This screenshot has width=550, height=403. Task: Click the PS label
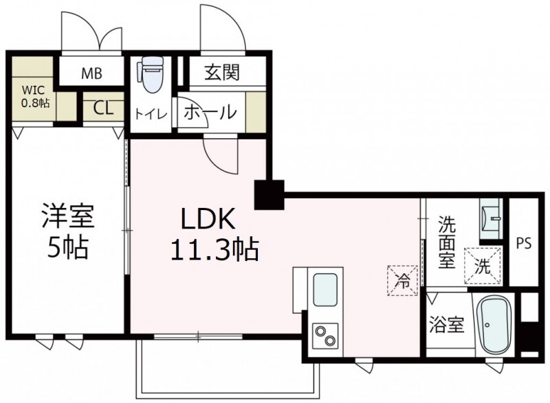pyautogui.click(x=525, y=242)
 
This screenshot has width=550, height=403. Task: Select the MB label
pyautogui.click(x=93, y=74)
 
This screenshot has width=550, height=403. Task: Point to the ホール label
pyautogui.click(x=212, y=111)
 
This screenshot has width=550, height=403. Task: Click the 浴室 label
pyautogui.click(x=446, y=325)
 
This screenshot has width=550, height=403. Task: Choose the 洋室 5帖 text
pyautogui.click(x=67, y=231)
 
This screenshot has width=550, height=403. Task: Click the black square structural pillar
pyautogui.click(x=269, y=194)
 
